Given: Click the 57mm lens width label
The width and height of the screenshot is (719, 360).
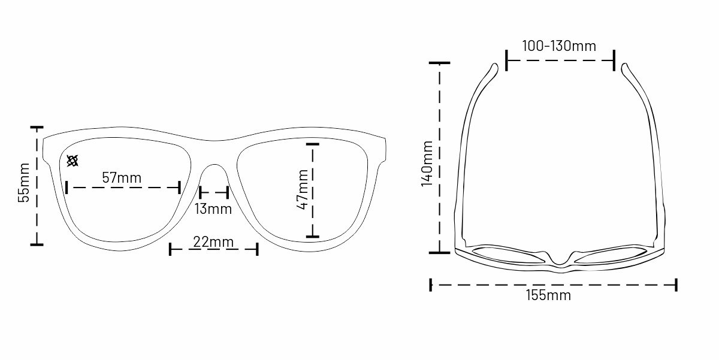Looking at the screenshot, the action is point(122,178).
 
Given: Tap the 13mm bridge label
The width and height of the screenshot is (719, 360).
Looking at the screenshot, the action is point(213,209).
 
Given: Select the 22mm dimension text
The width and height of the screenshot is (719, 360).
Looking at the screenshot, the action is point(213,241).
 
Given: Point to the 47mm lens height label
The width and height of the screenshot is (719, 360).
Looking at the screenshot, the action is point(303,190).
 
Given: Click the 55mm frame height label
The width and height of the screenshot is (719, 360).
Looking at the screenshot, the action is point(24,183).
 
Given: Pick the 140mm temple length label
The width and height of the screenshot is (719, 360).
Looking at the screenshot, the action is point(427,164).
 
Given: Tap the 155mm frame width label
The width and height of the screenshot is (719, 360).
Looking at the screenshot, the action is point(549,295).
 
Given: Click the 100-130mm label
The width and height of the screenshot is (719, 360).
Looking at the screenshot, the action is point(559,46).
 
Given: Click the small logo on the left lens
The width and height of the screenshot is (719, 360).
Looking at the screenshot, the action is point(72,161).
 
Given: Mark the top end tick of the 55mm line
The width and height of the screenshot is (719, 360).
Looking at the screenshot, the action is point(37,128).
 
